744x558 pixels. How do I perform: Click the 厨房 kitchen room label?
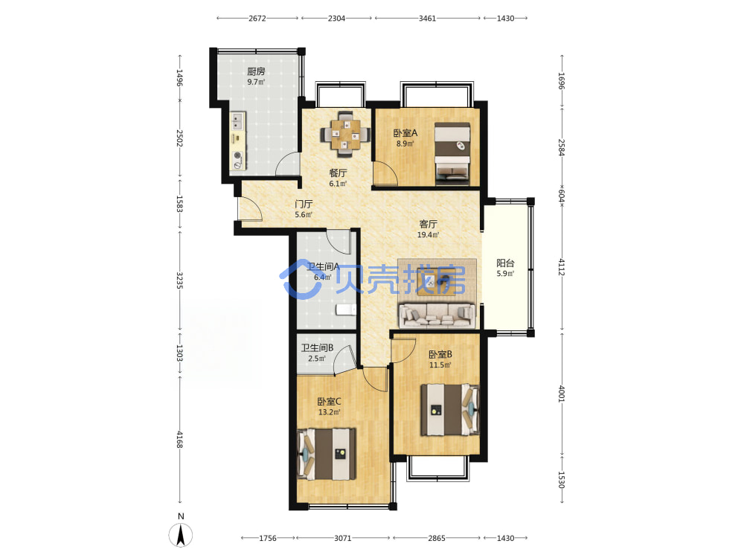256,71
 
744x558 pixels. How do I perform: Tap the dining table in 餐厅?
345,133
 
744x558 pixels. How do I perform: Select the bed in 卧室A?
452,154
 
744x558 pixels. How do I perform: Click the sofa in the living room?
437,315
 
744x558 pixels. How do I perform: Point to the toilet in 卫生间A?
346,310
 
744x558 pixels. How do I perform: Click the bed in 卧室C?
327,454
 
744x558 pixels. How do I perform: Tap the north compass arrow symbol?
181,536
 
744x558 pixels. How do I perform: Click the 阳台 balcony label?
505,263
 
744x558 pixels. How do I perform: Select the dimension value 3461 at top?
427,19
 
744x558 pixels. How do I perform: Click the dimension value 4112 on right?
561,267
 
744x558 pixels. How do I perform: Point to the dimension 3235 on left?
180,280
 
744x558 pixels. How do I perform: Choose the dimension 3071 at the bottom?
342,538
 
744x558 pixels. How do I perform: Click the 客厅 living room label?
428,224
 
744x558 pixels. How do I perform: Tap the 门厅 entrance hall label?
304,204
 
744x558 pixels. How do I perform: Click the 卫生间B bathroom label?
317,347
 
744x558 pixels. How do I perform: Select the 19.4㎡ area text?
428,235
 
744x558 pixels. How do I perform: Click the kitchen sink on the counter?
237,121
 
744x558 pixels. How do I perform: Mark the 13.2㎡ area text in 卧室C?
330,412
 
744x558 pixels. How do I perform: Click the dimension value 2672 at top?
257,19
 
